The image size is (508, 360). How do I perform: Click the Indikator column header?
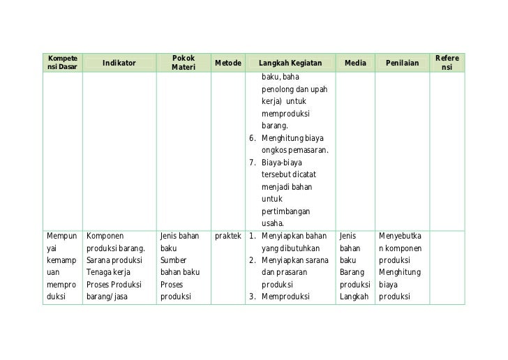pos(119,63)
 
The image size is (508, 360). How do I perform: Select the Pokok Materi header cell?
pos(183,63)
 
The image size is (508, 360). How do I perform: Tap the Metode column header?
pos(228,63)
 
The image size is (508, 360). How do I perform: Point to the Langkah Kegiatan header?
pos(290,63)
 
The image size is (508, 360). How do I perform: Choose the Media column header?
pos(355,63)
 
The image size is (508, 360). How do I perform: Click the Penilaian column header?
pos(403,63)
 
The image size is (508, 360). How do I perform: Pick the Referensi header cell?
pos(447,63)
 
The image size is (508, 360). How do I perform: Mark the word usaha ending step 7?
pos(273,223)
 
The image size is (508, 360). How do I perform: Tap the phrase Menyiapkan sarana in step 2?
pos(294,260)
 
